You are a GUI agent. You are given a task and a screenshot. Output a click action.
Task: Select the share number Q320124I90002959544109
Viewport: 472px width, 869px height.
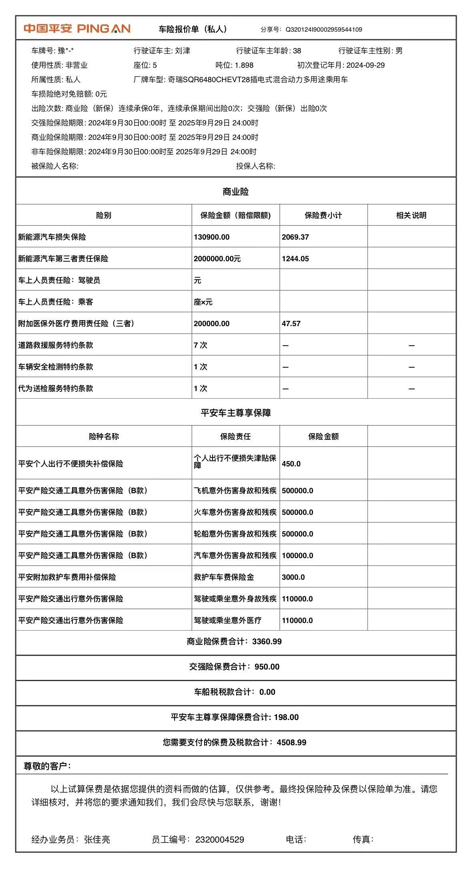(x=323, y=30)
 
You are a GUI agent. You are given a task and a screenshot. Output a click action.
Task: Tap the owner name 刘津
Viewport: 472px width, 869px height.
(x=183, y=51)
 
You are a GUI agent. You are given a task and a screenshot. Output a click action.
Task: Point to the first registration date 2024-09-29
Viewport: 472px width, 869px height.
(x=365, y=65)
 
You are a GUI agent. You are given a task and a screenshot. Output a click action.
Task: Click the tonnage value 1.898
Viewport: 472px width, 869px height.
(x=244, y=65)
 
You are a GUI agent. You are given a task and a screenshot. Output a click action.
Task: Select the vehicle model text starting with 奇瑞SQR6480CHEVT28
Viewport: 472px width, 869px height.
(x=257, y=80)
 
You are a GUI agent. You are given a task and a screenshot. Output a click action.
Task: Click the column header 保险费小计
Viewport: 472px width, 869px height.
(x=323, y=216)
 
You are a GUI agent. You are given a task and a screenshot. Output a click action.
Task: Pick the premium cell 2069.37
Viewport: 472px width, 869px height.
(x=295, y=237)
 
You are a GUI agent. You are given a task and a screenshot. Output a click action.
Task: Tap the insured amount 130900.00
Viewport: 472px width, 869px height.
(x=211, y=237)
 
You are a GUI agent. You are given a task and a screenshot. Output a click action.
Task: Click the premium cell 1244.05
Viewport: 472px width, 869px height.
(x=295, y=259)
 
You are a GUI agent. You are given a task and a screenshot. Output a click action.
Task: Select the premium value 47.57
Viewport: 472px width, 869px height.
(x=291, y=324)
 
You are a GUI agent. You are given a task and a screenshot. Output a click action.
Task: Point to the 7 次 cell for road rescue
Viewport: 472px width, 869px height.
(x=201, y=345)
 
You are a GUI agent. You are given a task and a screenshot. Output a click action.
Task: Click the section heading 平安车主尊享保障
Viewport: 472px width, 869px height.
(x=236, y=413)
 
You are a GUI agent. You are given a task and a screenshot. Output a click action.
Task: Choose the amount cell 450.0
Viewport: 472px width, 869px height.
(x=291, y=464)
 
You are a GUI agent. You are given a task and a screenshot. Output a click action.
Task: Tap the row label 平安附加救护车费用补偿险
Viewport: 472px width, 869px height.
(x=67, y=577)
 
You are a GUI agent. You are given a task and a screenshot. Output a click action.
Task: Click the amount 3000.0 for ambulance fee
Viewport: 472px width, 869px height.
(x=293, y=577)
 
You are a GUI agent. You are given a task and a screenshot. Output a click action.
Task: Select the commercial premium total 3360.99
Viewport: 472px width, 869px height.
(x=267, y=642)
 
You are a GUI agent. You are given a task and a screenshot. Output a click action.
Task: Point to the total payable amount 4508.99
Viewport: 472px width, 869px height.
(x=291, y=743)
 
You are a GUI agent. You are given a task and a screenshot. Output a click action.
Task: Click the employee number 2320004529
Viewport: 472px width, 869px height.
(x=219, y=840)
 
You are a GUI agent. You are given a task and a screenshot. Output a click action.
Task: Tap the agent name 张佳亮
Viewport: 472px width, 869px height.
(x=97, y=840)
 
